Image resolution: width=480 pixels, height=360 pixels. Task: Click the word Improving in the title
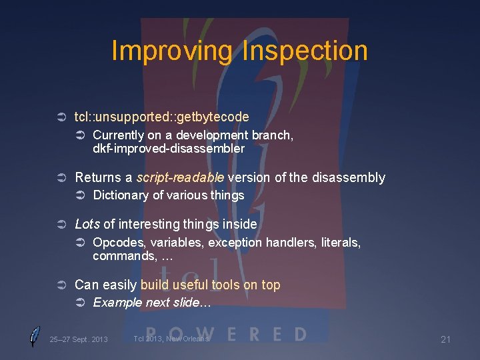coord(172,51)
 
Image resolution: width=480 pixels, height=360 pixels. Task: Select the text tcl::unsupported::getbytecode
coord(161,117)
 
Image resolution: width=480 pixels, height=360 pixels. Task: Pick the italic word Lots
coord(87,225)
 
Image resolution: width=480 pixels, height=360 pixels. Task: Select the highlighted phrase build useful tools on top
coord(210,285)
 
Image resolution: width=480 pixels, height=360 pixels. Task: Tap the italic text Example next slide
coord(151,303)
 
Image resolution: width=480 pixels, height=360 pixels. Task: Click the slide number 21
coord(445,340)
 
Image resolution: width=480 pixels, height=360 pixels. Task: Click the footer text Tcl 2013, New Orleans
coord(171,339)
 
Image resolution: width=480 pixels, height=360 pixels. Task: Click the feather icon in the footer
coord(35,337)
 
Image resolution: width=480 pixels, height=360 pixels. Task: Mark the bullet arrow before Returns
coord(62,178)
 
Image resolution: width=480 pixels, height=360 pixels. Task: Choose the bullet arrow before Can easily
coord(62,285)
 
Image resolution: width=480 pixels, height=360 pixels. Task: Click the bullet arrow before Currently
coord(80,135)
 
